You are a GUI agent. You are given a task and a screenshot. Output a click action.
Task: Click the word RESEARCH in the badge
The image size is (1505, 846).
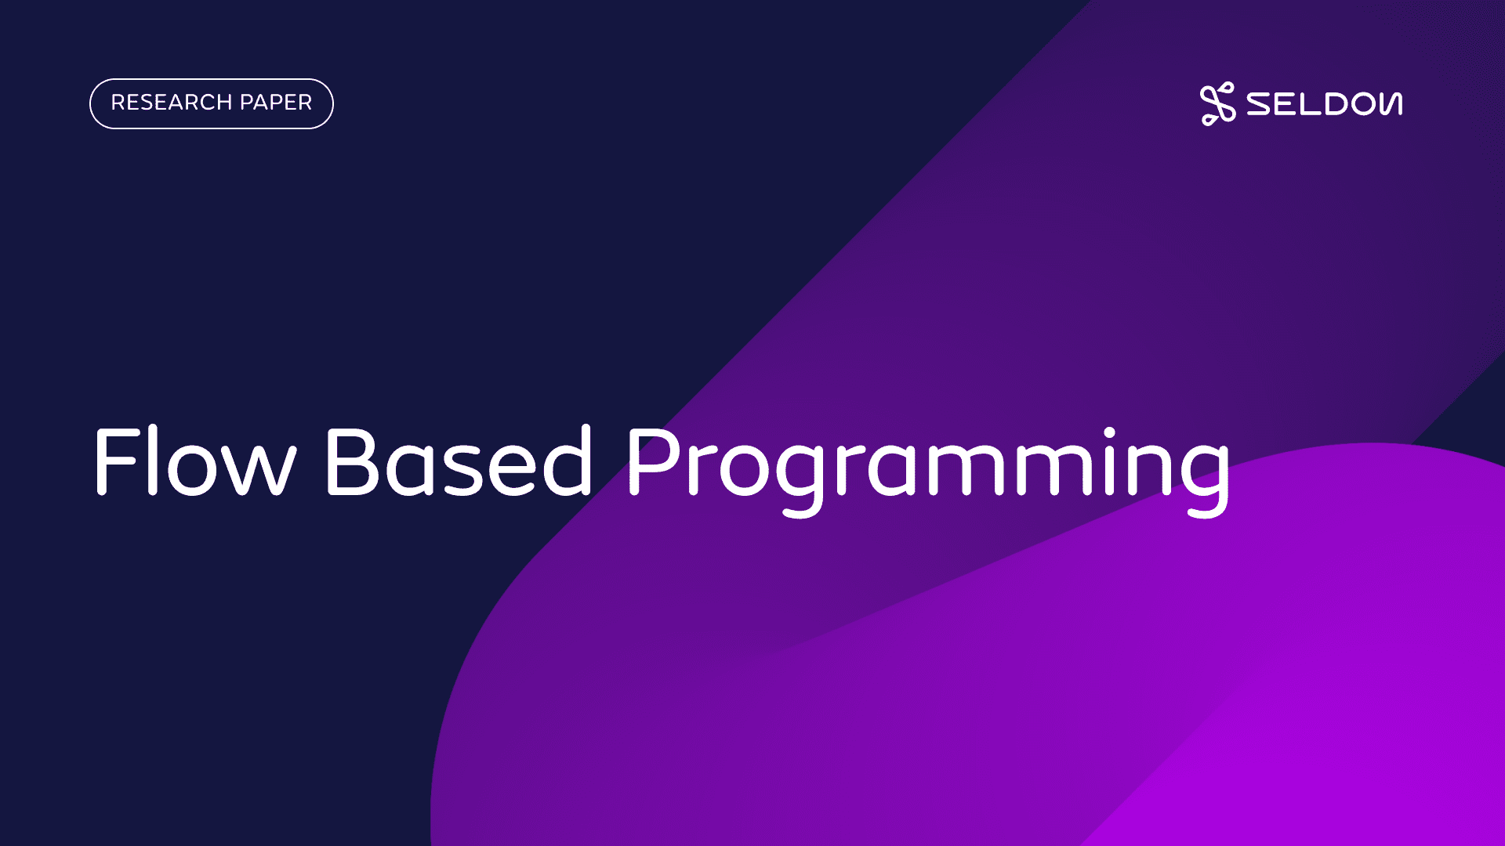click(x=172, y=103)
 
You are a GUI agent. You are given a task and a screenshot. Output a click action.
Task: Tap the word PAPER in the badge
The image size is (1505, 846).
click(x=276, y=103)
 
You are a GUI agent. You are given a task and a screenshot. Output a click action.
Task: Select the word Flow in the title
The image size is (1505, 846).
click(x=194, y=461)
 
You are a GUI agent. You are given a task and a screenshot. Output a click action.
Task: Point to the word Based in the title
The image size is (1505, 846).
click(x=458, y=461)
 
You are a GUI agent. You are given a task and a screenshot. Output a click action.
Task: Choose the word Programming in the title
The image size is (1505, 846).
click(x=929, y=470)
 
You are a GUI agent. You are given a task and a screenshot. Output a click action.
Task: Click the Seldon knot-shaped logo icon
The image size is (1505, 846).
click(x=1217, y=103)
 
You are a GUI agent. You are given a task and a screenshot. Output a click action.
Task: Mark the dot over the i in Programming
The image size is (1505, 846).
click(x=1109, y=432)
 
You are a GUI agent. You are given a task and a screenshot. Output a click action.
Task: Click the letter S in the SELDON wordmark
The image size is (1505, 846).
click(x=1261, y=104)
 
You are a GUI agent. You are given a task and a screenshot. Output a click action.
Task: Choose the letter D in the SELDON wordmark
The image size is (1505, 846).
click(x=1335, y=104)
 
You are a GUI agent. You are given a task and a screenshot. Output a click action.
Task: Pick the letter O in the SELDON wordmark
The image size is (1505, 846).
click(x=1366, y=104)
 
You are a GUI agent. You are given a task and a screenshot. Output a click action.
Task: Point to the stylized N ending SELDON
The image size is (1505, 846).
click(x=1391, y=104)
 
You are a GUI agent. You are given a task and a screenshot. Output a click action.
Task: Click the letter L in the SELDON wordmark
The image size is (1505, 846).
click(x=1309, y=104)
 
